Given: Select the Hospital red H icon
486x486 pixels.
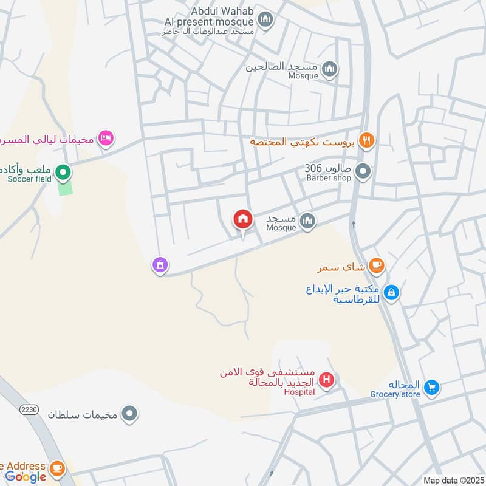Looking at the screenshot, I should click(x=327, y=381).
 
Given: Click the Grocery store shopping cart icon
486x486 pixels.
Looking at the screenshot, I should click(x=431, y=387).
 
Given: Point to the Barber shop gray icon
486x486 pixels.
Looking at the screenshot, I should click(x=363, y=173).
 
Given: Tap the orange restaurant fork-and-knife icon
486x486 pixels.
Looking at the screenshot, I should click(x=366, y=141).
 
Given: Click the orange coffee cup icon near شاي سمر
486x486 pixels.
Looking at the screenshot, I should click(x=377, y=265).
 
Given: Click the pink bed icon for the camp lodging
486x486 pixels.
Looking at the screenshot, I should click(x=106, y=138).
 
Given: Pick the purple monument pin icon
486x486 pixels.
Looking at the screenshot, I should click(x=160, y=265).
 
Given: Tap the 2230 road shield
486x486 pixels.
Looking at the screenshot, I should click(x=29, y=409).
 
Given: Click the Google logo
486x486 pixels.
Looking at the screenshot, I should click(x=26, y=477).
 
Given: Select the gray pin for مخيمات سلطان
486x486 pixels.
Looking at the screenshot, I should click(x=129, y=415).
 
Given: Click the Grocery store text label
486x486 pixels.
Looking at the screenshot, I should click(x=395, y=394).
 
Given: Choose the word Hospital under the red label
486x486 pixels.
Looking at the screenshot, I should click(x=299, y=392).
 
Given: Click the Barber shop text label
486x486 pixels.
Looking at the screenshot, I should click(x=328, y=179).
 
